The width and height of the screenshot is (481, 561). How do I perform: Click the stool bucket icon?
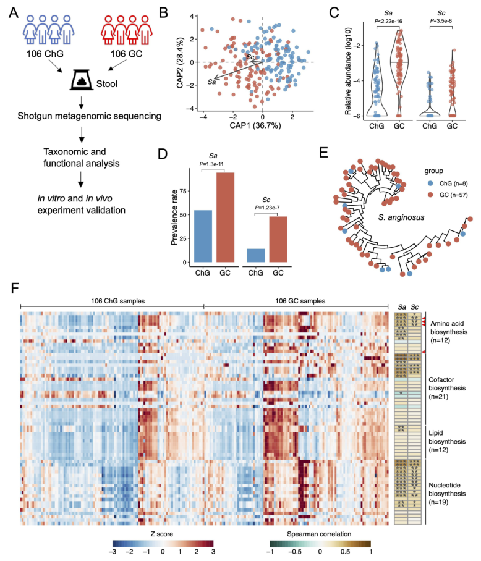85,79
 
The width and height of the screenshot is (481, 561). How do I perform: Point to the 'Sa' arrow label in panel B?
212,81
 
